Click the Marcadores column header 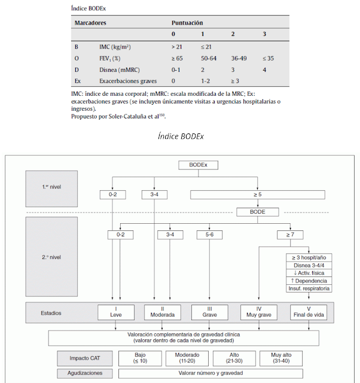pos(90,22)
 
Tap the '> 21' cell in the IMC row pos(178,46)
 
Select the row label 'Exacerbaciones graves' pos(133,80)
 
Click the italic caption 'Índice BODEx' pos(181,136)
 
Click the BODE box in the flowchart pos(257,211)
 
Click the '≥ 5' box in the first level pos(258,194)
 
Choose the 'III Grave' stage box pos(209,311)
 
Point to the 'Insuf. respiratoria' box pos(309,288)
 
